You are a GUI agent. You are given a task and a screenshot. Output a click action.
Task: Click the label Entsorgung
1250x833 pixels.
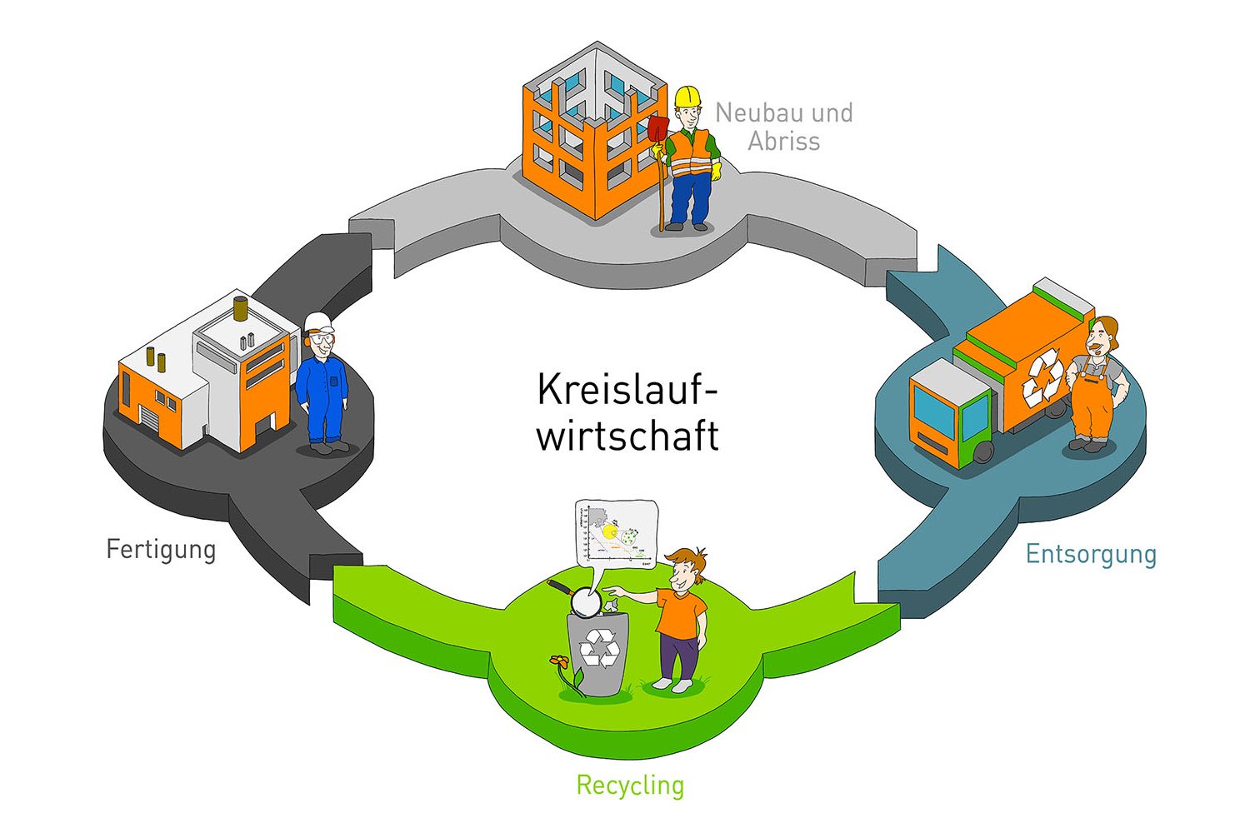[1090, 554]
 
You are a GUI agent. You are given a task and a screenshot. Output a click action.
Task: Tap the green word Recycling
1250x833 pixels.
[630, 786]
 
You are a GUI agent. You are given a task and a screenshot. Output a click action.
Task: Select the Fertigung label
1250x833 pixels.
[161, 550]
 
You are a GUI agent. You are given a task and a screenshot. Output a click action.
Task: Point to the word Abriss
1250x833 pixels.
[783, 142]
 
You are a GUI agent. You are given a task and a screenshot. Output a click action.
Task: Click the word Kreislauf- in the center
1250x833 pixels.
[627, 389]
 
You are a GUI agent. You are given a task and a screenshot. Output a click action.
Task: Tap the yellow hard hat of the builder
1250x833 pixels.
[687, 96]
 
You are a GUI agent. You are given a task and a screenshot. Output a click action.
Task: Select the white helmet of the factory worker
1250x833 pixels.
[318, 322]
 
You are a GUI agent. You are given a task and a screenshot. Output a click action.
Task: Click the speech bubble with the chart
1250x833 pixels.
[616, 533]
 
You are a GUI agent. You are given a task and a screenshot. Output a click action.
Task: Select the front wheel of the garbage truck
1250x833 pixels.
[984, 452]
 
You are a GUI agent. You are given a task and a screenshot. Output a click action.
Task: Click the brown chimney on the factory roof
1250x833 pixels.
[241, 308]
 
